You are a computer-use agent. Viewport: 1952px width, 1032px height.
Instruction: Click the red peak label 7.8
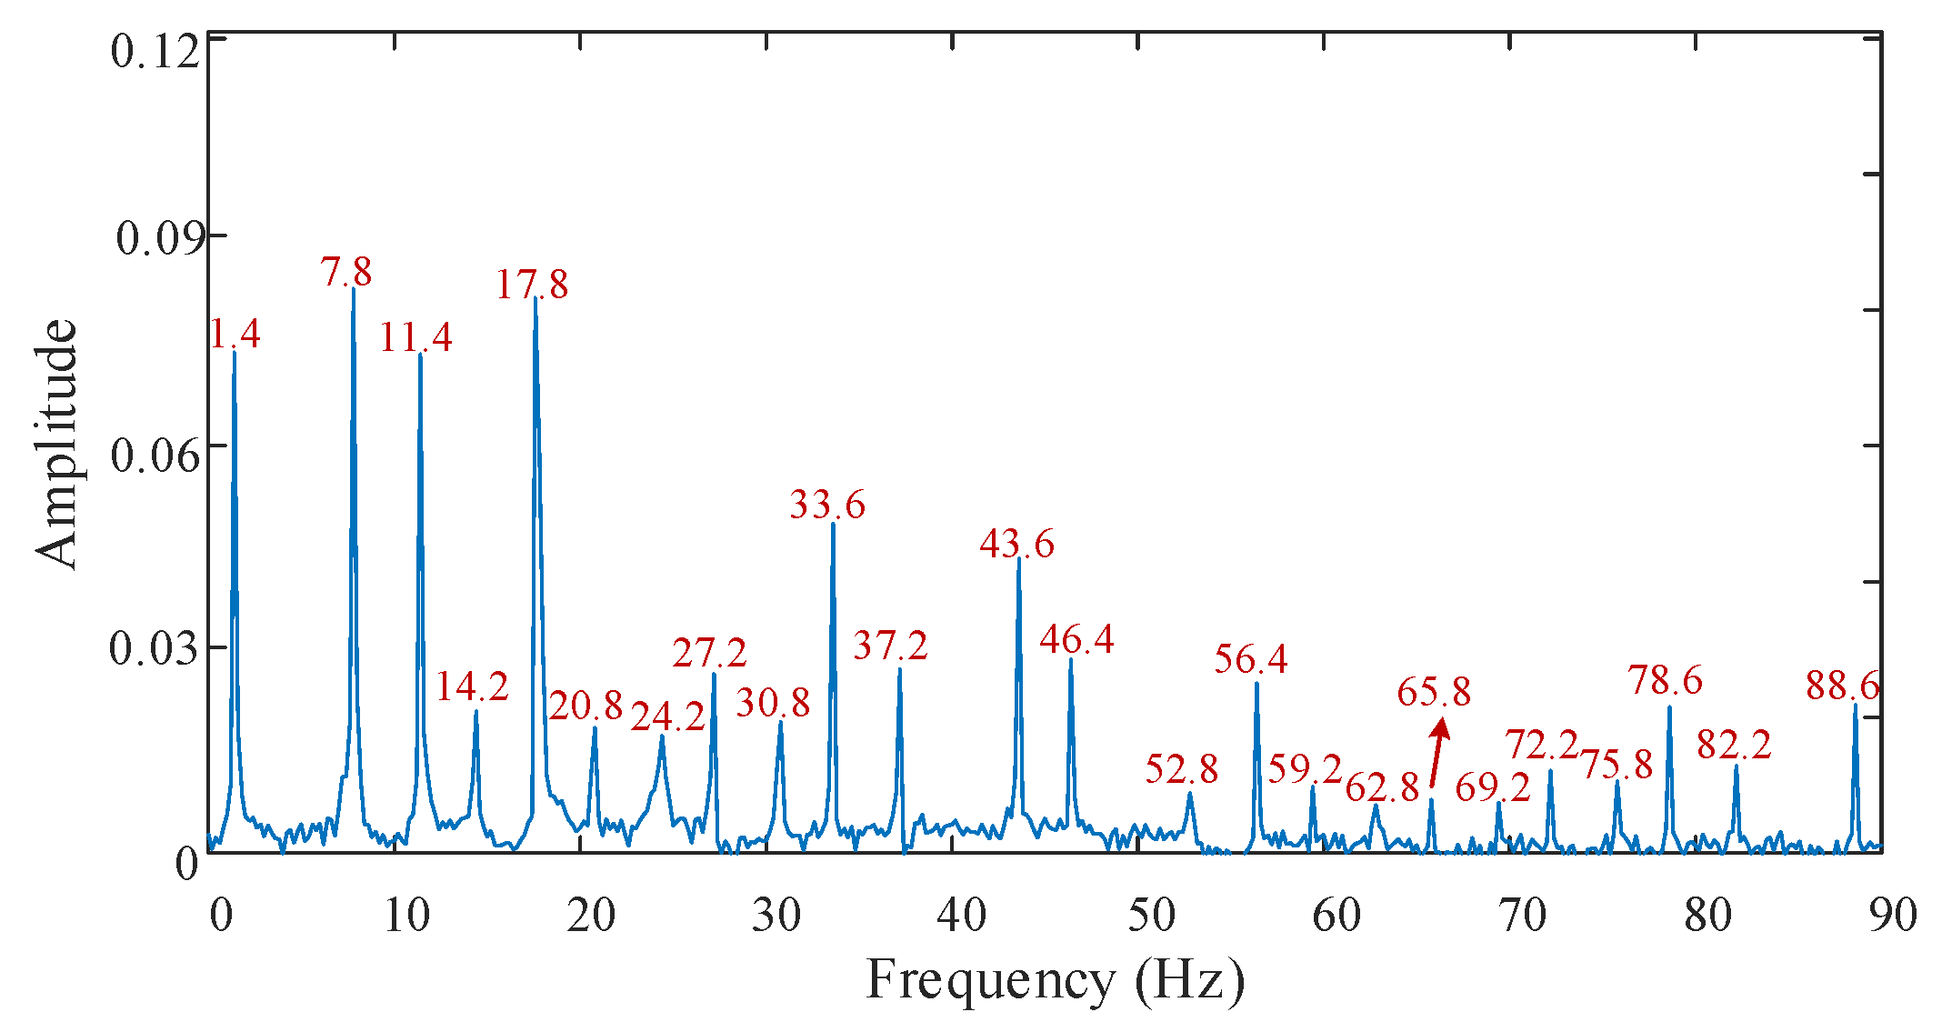346,272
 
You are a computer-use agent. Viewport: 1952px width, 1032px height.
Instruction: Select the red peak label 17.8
532,285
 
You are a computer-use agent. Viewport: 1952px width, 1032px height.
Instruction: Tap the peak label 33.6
827,505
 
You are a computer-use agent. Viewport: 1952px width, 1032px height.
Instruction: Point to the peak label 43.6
1016,544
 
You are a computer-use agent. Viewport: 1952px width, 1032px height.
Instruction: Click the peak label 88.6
1842,686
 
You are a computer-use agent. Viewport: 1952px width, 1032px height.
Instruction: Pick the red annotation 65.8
1434,692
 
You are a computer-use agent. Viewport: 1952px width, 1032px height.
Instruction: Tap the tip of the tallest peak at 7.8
354,289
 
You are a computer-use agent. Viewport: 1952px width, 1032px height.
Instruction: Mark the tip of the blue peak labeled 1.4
235,351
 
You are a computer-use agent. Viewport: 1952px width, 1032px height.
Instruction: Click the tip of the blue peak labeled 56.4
1256,683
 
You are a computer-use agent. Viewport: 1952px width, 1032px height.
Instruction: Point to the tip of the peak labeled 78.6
1670,706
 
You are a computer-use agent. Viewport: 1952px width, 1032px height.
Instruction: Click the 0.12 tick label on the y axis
154,51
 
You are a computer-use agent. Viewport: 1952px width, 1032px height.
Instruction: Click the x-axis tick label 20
591,915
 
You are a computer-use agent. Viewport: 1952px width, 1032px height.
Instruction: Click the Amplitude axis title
56,444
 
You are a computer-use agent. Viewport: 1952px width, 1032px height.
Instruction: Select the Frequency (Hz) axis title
1055,982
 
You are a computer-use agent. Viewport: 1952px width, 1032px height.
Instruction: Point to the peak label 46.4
1076,639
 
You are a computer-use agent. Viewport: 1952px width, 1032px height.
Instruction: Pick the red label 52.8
1181,769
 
